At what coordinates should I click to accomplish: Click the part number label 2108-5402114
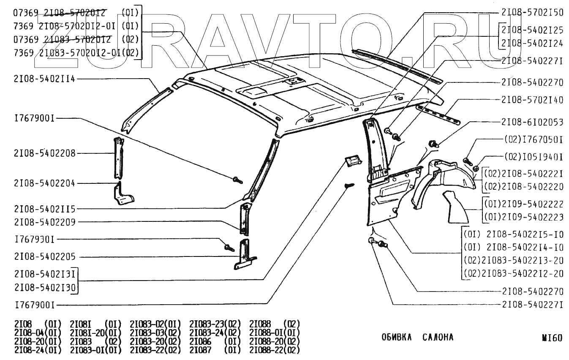[44, 79]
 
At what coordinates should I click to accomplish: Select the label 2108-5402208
[44, 153]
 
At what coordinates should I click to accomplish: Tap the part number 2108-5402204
[44, 183]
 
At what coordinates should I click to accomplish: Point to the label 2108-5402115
[44, 209]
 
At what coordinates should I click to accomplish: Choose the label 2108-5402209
[44, 222]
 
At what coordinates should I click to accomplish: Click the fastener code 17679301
[35, 239]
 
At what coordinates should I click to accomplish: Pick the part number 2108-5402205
[44, 256]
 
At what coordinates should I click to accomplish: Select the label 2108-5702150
[533, 13]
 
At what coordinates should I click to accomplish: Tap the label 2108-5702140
[533, 100]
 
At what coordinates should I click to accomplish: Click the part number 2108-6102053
[533, 123]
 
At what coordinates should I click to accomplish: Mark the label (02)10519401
[534, 157]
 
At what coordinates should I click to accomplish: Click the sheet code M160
[552, 338]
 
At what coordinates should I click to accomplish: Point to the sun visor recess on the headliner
[253, 90]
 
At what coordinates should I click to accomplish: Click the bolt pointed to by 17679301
[229, 247]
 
